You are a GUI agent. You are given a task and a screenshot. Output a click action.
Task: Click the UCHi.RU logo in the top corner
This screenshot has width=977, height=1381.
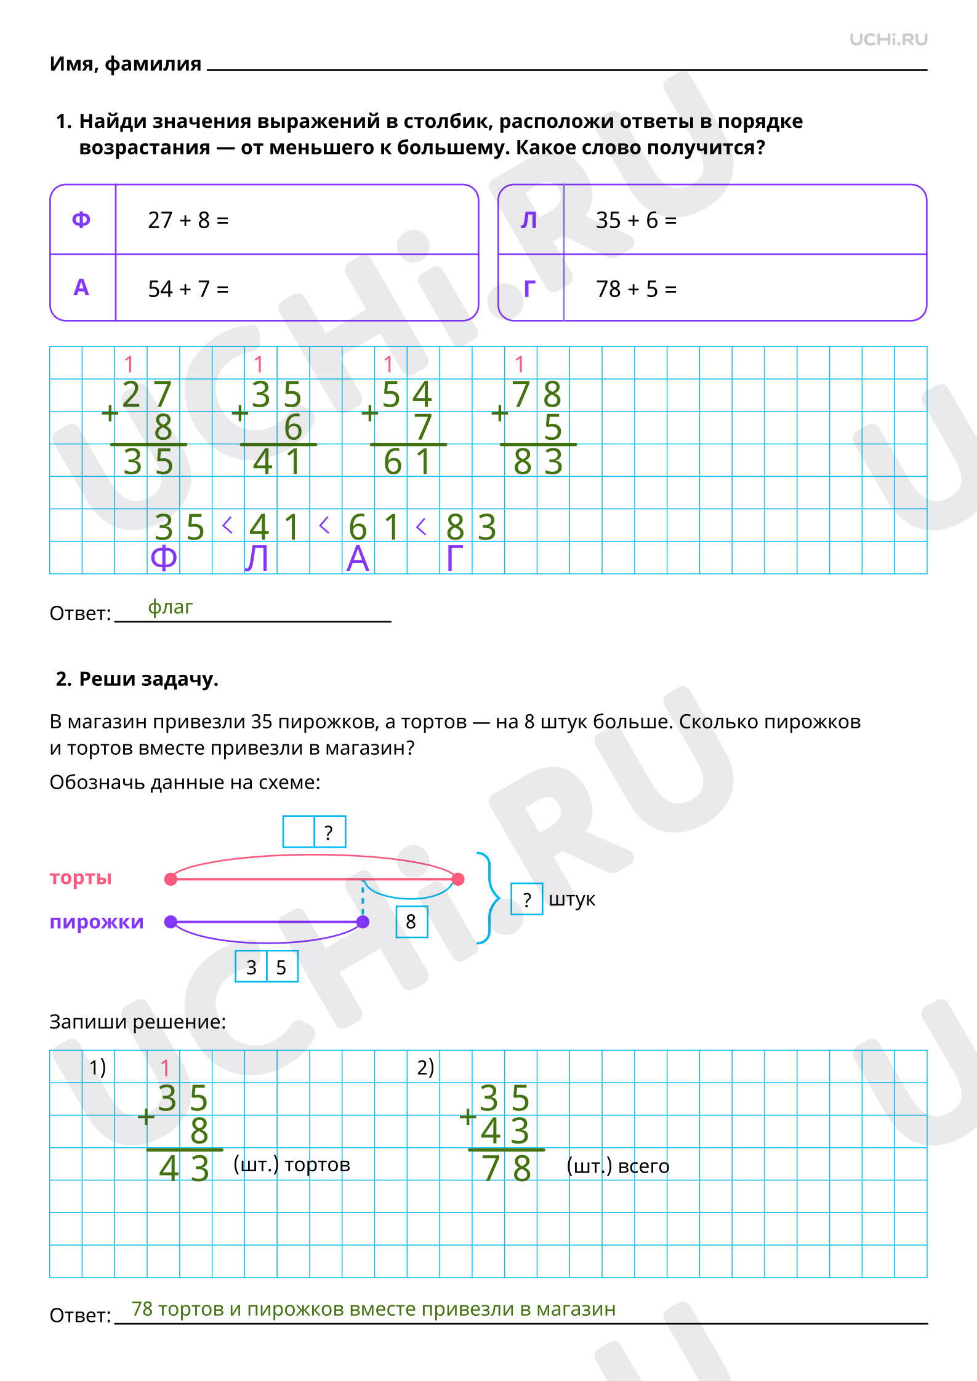[888, 40]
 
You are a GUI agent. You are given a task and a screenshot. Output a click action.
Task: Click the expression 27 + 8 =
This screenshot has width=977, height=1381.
[188, 220]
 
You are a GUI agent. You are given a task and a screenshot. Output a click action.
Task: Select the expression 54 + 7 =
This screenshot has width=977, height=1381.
[188, 289]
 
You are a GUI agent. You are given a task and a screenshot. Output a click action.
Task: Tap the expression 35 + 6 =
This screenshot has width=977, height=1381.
[636, 220]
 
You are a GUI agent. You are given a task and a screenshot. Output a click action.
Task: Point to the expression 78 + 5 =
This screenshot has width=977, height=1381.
[636, 289]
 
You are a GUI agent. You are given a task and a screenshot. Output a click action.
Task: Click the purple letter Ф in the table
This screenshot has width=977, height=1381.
[81, 220]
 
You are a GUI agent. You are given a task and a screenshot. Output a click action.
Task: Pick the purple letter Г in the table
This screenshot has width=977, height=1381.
[529, 289]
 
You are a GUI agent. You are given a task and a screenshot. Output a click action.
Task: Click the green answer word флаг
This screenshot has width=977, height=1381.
[170, 608]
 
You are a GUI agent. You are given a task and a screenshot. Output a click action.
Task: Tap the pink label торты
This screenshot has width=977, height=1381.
[81, 877]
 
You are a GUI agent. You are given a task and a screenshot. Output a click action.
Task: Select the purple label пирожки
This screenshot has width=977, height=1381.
[97, 921]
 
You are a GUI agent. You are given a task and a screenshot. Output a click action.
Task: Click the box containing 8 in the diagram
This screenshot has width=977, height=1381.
[411, 921]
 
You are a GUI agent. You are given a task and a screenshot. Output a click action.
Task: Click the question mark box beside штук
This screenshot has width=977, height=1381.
[527, 899]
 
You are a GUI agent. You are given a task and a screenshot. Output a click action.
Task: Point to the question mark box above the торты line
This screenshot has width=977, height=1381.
[329, 832]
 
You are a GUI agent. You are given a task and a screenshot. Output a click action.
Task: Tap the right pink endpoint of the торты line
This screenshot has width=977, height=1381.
[458, 879]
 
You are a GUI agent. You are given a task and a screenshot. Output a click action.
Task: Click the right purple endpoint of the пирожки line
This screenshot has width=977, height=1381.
[363, 921]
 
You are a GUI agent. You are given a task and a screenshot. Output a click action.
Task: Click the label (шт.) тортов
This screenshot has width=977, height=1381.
[292, 1164]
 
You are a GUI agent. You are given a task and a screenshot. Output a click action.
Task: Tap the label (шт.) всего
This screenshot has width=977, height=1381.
[617, 1166]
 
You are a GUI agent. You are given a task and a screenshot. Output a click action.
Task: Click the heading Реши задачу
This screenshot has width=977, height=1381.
[148, 679]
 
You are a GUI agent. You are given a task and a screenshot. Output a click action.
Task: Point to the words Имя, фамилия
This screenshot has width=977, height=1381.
[126, 63]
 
